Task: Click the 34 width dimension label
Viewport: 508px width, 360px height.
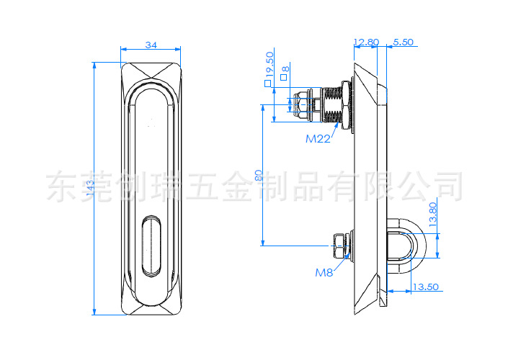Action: (151, 45)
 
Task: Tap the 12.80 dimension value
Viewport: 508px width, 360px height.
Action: (367, 42)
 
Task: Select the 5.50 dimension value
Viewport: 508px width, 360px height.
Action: (403, 42)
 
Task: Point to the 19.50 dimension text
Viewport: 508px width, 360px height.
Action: (269, 64)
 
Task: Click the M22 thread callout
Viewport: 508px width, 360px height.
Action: (318, 139)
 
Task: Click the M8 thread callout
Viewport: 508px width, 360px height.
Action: (324, 273)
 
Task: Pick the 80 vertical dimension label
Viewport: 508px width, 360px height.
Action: (259, 175)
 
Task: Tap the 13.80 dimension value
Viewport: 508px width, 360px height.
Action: (433, 215)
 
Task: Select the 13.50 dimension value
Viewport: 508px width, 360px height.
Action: (425, 287)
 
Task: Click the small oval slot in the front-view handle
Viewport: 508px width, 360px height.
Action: (151, 246)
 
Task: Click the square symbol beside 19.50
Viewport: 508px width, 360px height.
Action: (267, 84)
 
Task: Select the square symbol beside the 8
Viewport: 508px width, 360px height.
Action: (283, 77)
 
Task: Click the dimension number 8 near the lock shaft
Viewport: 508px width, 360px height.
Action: (285, 69)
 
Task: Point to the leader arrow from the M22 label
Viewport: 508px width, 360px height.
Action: (334, 130)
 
